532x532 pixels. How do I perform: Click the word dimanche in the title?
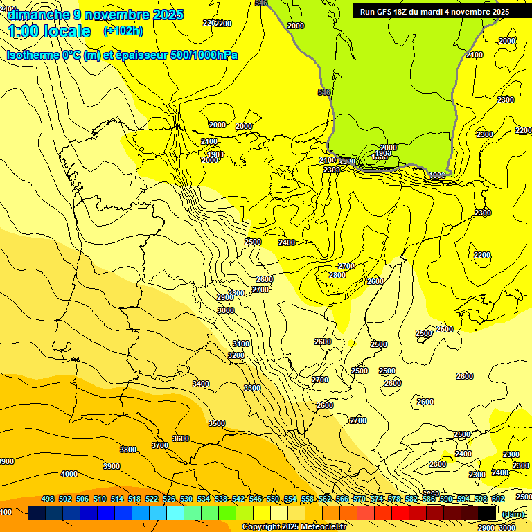coord(38,15)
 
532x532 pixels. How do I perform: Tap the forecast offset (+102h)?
coord(123,31)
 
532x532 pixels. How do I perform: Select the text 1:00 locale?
coord(48,31)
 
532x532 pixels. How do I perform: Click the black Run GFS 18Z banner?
coord(434,11)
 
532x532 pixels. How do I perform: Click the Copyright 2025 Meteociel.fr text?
coord(294,527)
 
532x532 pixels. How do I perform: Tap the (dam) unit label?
coord(512,514)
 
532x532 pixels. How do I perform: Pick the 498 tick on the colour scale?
coord(48,499)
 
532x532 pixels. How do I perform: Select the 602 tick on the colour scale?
coord(498,499)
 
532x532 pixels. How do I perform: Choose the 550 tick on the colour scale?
coord(273,499)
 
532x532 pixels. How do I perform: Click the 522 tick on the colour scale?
coord(152,499)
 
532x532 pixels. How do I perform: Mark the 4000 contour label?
coord(69,474)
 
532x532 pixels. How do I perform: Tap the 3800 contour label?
coord(128,450)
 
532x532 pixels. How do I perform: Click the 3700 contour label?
coord(159,445)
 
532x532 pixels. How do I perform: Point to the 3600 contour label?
coord(181,438)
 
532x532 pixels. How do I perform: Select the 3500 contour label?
coord(217,423)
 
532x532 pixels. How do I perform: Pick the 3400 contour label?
coord(201,384)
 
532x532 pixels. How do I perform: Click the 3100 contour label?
coord(241,344)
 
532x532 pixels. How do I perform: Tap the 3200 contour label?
coord(236,355)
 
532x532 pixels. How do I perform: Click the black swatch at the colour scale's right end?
coord(487,513)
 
